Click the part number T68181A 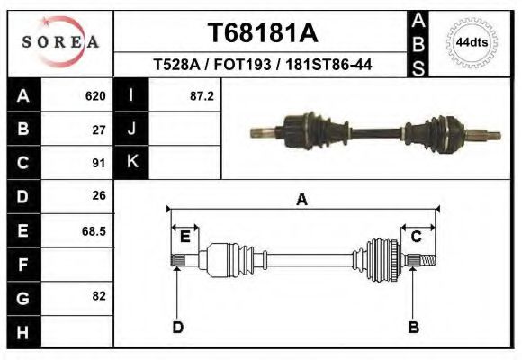click(263, 33)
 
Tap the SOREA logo click(60, 42)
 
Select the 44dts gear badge click(472, 42)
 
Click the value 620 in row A click(95, 95)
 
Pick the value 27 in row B click(100, 130)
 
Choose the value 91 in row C click(100, 163)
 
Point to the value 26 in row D click(100, 195)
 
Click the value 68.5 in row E click(94, 230)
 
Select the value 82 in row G click(100, 296)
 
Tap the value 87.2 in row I click(202, 95)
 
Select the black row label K click(131, 162)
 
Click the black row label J click(131, 129)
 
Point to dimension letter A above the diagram click(302, 200)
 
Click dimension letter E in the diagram click(184, 237)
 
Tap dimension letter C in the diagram click(417, 237)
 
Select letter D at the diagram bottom click(177, 327)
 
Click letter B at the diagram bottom click(414, 327)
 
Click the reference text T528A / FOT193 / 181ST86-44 click(263, 65)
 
